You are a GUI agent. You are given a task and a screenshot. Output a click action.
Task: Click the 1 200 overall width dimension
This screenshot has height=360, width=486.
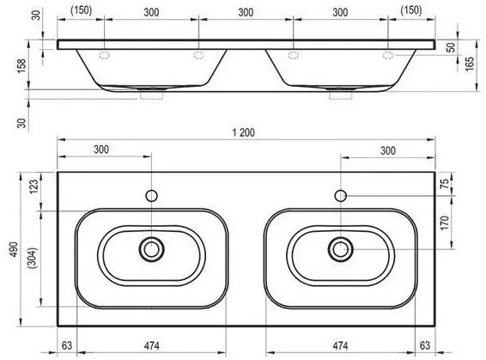(x=244, y=132)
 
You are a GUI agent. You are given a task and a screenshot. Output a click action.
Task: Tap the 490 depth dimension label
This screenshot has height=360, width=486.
(x=14, y=250)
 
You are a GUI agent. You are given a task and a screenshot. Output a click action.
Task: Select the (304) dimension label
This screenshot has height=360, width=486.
(x=33, y=258)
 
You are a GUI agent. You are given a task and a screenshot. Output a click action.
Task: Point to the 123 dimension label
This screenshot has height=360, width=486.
(x=33, y=186)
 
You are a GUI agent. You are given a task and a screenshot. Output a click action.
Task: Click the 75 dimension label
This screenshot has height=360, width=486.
(x=445, y=184)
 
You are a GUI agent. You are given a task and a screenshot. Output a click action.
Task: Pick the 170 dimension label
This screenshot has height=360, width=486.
(x=445, y=223)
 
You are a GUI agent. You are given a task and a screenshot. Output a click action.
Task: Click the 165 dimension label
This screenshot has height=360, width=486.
(x=470, y=64)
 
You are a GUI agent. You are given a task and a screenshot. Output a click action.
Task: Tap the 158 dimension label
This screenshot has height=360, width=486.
(x=21, y=66)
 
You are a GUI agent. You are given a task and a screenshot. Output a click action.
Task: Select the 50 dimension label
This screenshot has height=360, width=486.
(x=452, y=47)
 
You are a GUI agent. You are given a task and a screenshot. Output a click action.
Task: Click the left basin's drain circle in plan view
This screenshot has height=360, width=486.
(x=152, y=249)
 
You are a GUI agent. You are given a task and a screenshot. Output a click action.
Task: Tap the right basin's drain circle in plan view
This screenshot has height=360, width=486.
(x=341, y=249)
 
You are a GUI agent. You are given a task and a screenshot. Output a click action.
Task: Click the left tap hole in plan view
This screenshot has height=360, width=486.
(x=152, y=196)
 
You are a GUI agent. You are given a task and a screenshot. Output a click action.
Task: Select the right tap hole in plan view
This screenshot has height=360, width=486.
(x=341, y=196)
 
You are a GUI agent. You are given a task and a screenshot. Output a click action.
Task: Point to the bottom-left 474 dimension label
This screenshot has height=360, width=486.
(x=152, y=345)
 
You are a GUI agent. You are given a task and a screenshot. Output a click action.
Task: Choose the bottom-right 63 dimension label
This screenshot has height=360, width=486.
(x=425, y=345)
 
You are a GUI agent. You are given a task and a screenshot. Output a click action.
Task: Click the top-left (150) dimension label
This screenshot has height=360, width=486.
(x=82, y=10)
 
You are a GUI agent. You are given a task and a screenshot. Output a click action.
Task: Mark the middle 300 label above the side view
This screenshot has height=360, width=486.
(x=246, y=12)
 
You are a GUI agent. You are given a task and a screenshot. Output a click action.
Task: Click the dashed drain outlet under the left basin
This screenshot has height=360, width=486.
(x=151, y=94)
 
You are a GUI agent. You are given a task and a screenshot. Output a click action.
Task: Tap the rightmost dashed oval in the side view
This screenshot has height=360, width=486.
(x=388, y=56)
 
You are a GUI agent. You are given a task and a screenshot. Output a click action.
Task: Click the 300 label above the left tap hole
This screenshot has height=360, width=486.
(x=101, y=149)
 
